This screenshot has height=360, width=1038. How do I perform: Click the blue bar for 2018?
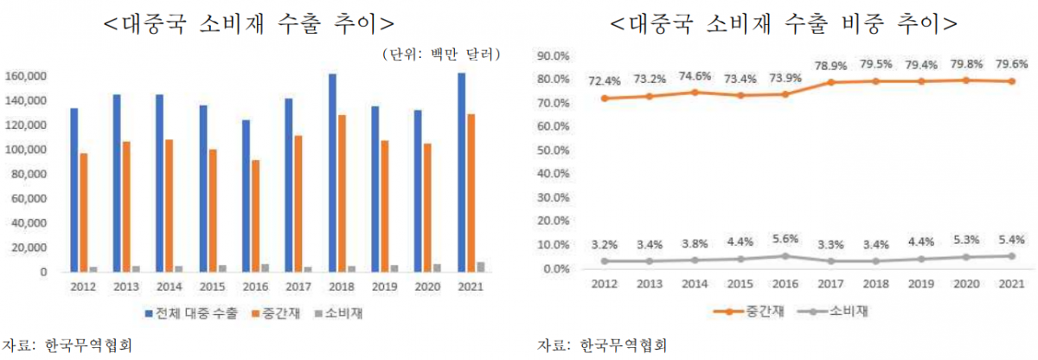(332, 173)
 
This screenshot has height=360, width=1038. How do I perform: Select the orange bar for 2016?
(256, 216)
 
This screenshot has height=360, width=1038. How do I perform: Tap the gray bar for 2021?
(481, 267)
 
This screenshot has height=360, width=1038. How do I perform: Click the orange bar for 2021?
(471, 193)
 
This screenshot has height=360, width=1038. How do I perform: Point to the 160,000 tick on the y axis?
(29, 76)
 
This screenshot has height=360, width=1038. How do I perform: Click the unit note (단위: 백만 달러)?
(442, 55)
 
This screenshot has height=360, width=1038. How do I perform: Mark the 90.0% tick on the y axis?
(553, 55)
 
